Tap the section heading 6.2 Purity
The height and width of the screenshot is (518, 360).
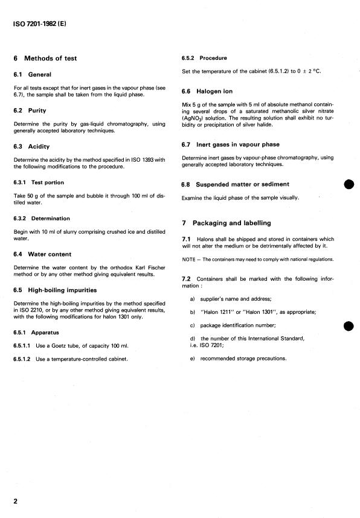click(x=30, y=111)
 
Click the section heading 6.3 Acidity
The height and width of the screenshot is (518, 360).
click(x=31, y=146)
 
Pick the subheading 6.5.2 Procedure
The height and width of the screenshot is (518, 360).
click(x=204, y=58)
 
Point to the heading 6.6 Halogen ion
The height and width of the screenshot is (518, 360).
click(x=207, y=91)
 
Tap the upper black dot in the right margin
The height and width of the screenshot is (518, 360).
click(x=348, y=184)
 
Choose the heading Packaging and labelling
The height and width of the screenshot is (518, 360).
click(x=228, y=223)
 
